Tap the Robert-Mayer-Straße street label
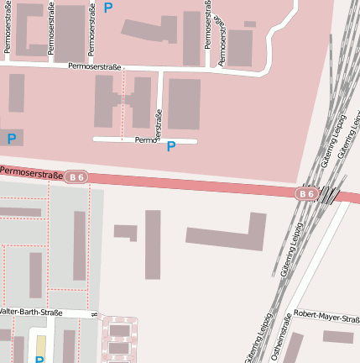[x=331, y=316]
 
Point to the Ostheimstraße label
[x=285, y=337]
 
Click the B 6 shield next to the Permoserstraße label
[x=76, y=176]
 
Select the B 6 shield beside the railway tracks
[x=306, y=194]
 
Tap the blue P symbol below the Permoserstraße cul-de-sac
[x=171, y=146]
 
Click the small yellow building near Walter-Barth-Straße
[x=40, y=346]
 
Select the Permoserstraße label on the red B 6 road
[x=31, y=172]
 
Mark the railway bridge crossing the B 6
[x=331, y=196]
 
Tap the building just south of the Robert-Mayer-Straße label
[x=338, y=336]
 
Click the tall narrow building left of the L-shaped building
[x=153, y=244]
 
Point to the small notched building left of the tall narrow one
[x=126, y=231]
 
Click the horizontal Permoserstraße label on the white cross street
[x=96, y=66]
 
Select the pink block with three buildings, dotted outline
[x=120, y=339]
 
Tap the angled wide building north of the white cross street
[x=150, y=29]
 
